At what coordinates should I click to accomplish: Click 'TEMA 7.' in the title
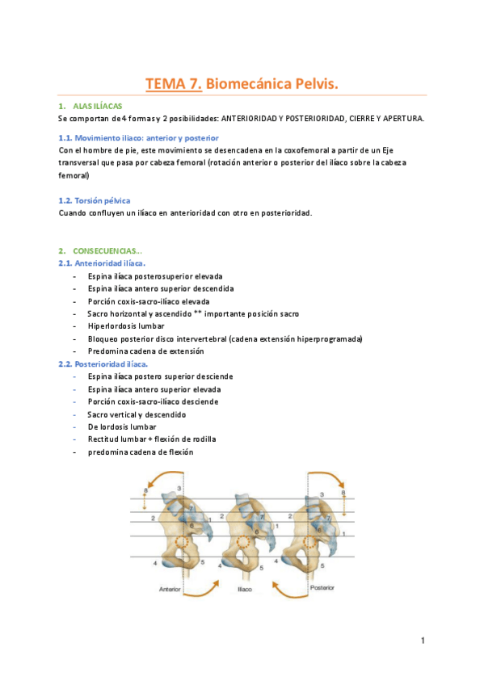point(173,83)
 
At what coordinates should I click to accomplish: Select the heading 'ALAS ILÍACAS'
point(97,107)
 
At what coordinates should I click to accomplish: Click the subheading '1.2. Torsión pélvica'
point(95,200)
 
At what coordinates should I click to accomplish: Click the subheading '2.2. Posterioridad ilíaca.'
point(103,364)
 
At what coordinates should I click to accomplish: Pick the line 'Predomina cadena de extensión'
point(145,351)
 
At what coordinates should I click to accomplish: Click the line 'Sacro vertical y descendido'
point(137,414)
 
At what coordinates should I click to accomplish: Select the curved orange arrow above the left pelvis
point(164,479)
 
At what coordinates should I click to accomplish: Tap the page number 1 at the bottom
point(422,641)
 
